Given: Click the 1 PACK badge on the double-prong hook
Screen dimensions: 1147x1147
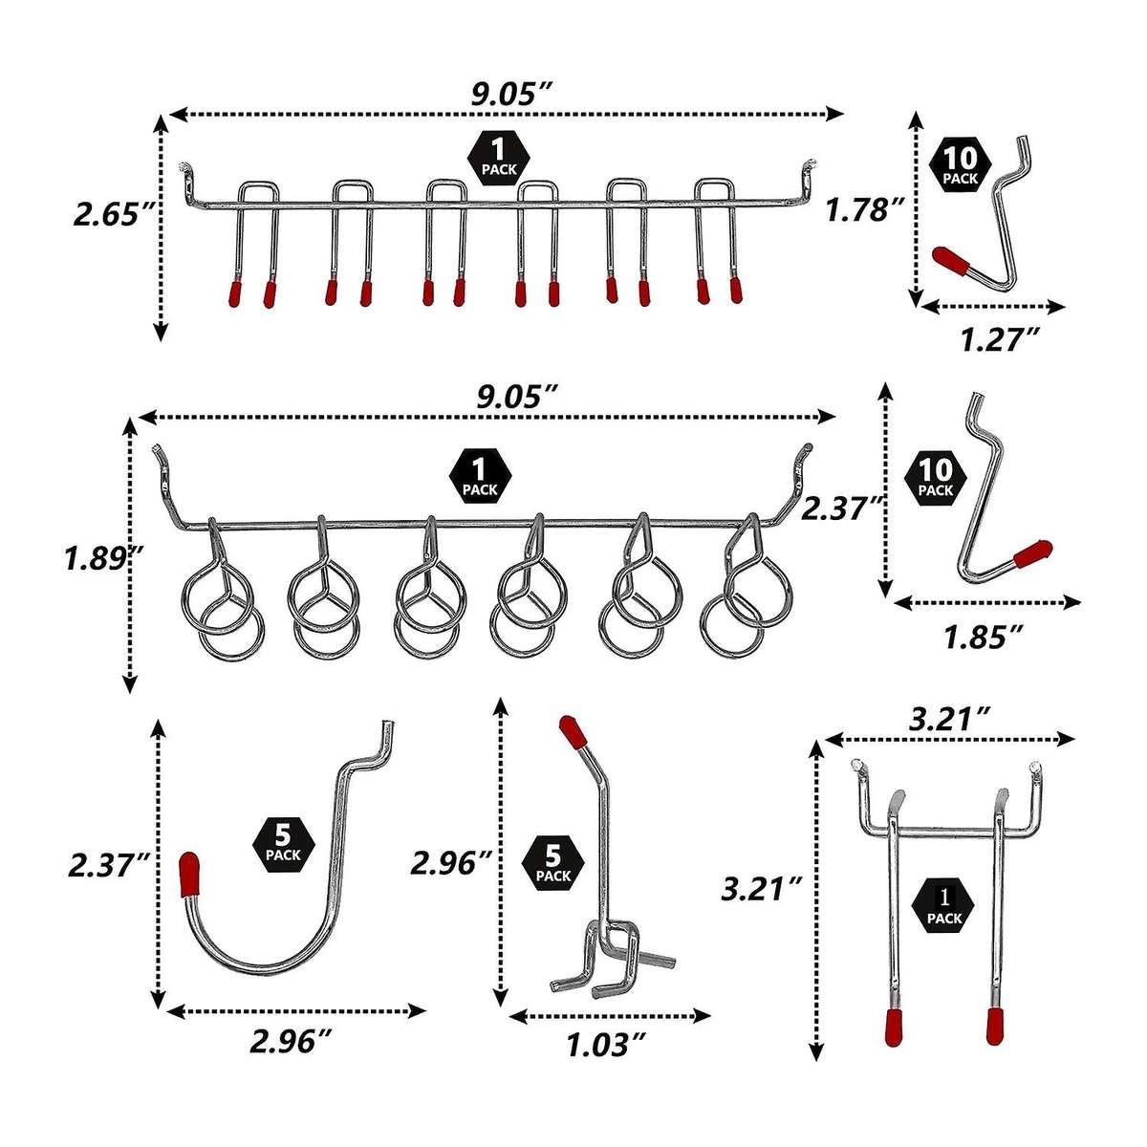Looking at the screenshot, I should pos(944,906).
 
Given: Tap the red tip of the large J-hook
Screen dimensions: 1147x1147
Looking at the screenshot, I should pos(189,874).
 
